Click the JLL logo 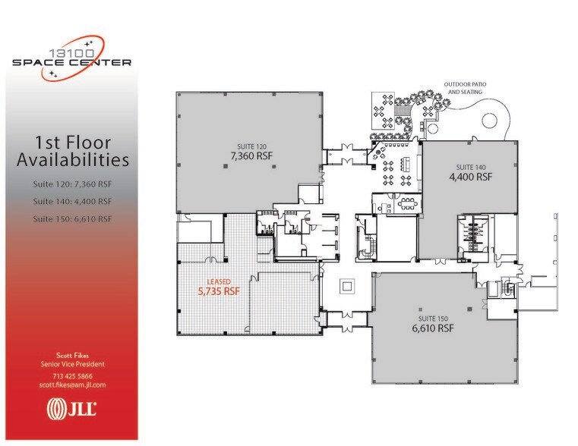coord(71,409)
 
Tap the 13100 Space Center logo coord(72,58)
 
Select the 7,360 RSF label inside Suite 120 coord(251,156)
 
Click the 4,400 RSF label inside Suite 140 coord(470,177)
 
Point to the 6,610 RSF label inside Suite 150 coord(433,328)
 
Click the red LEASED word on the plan coord(219,282)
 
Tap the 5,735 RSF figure coord(219,291)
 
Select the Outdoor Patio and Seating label coord(465,88)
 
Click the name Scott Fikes coord(72,356)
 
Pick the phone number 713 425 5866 coord(72,376)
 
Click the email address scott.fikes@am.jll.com coord(72,385)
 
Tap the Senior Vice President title coord(72,364)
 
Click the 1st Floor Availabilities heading coord(73,151)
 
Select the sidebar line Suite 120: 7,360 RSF coord(72,184)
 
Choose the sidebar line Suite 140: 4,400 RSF coord(72,202)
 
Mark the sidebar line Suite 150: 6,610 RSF coord(72,219)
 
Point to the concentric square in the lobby coord(346,286)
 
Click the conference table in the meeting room coord(408,203)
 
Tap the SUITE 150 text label coord(433,319)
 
